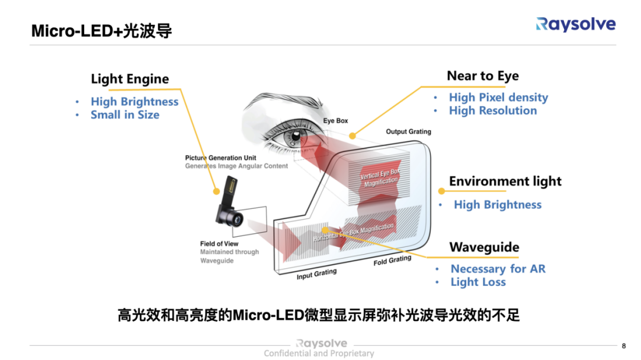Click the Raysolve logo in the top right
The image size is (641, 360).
pyautogui.click(x=575, y=24)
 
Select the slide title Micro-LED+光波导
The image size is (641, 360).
pyautogui.click(x=101, y=31)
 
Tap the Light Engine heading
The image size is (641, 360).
pyautogui.click(x=130, y=79)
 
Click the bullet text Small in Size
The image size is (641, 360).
pyautogui.click(x=124, y=115)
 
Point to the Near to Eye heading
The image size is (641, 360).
pyautogui.click(x=482, y=76)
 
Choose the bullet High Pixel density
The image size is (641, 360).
pyautogui.click(x=498, y=98)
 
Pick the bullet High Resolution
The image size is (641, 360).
pyautogui.click(x=493, y=111)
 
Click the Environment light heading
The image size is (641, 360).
pyautogui.click(x=505, y=181)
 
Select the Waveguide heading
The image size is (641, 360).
pyautogui.click(x=484, y=247)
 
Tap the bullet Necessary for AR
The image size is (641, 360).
pyautogui.click(x=498, y=269)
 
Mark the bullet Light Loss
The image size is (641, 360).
pyautogui.click(x=478, y=282)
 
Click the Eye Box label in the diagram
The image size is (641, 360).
pyautogui.click(x=335, y=121)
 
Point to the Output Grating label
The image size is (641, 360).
pyautogui.click(x=408, y=131)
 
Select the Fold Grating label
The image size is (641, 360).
pyautogui.click(x=392, y=261)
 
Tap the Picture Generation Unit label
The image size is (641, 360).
pyautogui.click(x=220, y=158)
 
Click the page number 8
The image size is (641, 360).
pyautogui.click(x=623, y=346)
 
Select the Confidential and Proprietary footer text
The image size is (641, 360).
pyautogui.click(x=319, y=353)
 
